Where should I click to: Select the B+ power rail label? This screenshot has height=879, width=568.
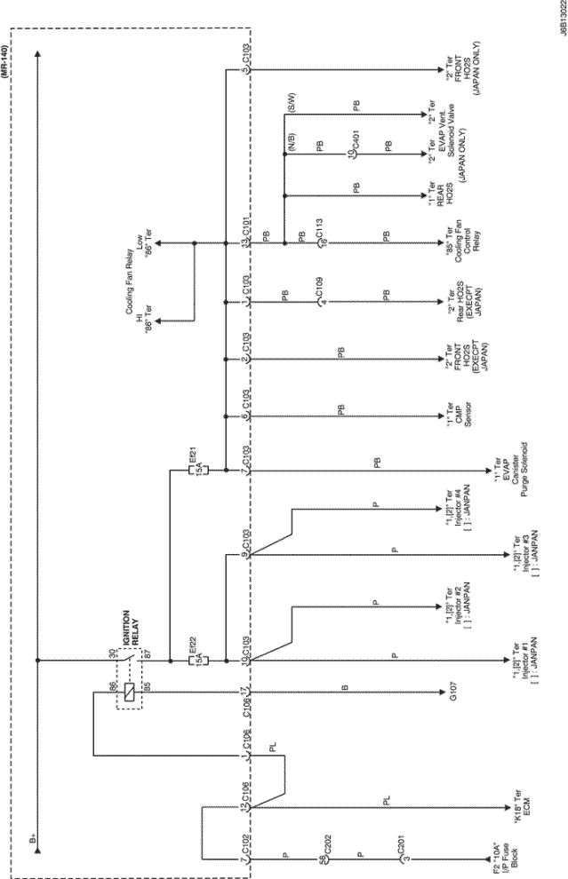click(34, 835)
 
